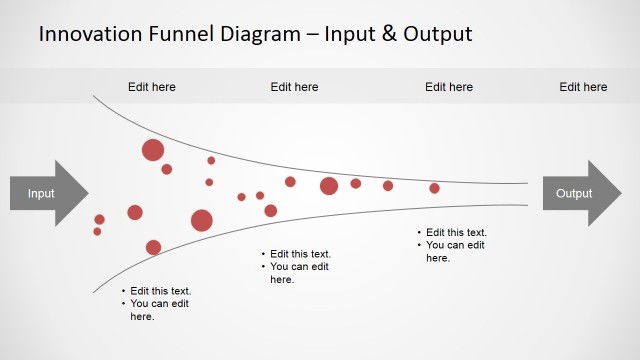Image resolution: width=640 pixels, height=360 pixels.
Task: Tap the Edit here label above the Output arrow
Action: coord(583,87)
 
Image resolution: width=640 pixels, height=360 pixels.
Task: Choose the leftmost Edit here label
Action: coord(152,87)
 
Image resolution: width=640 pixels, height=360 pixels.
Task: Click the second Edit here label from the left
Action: coord(294,87)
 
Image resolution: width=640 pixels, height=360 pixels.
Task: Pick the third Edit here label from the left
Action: coord(449,87)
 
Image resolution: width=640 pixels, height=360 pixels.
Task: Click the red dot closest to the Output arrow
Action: coord(434,188)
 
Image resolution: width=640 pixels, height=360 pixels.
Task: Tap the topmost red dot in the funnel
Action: coord(153,150)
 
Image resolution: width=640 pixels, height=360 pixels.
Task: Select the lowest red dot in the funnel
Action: coord(153,247)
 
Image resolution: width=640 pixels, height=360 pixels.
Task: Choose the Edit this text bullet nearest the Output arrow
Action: coord(456,233)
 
